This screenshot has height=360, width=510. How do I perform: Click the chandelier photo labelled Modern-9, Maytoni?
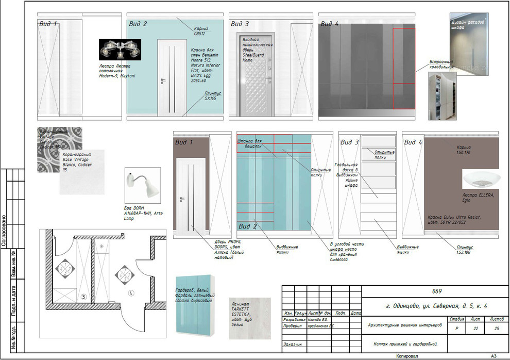point(120,50)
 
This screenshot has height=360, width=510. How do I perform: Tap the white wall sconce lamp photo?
point(143,184)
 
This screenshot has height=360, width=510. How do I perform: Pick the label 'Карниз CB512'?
point(201,31)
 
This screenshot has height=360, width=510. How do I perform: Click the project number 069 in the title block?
point(437,291)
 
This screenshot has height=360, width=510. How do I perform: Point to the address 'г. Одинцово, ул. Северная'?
point(436,306)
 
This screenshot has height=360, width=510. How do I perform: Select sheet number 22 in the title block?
point(475,329)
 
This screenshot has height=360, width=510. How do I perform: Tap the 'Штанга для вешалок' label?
point(250,143)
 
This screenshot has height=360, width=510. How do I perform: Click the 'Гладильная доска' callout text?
point(346,175)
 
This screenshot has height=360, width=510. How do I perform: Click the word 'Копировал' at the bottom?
point(407,356)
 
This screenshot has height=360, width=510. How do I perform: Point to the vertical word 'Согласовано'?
point(5,232)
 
